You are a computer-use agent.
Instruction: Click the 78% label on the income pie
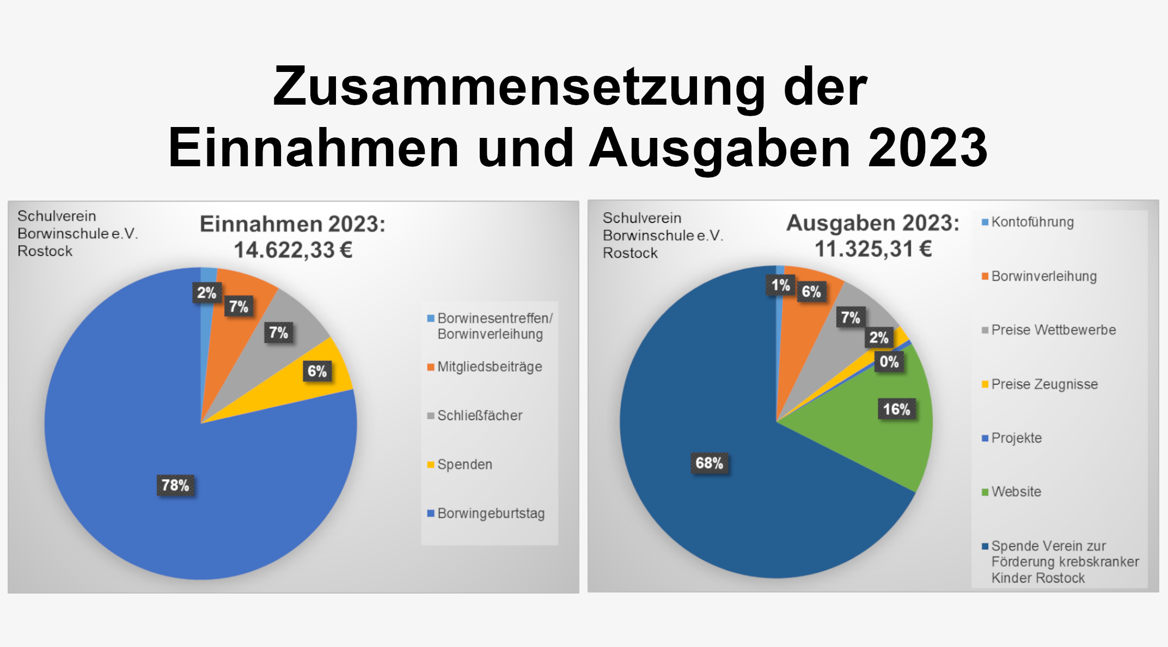tap(175, 485)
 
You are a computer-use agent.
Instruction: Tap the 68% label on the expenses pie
tap(709, 463)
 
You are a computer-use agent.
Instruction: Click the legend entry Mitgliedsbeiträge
tap(490, 367)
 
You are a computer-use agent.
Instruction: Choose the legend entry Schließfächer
tap(480, 416)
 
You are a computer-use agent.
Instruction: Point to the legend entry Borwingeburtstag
tap(491, 513)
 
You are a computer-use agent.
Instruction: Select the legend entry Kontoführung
tap(1032, 222)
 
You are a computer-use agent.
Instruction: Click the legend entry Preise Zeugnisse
tap(1044, 384)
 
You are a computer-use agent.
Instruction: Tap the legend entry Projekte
tap(1016, 438)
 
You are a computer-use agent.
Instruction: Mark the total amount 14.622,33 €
tap(293, 250)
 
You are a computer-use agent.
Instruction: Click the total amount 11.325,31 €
tap(873, 249)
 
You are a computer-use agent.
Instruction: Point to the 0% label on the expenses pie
tap(889, 362)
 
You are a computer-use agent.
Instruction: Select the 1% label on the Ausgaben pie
tap(780, 285)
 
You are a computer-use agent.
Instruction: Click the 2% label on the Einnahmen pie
tap(206, 293)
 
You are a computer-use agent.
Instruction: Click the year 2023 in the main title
tap(927, 148)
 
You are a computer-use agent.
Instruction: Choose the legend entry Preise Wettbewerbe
tap(1053, 330)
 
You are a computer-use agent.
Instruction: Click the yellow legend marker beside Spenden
tap(431, 465)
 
